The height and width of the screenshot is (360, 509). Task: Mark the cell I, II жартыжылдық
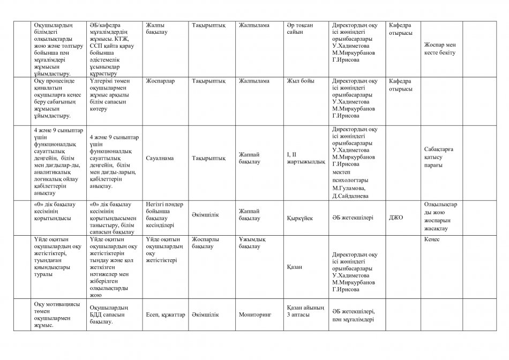point(306,159)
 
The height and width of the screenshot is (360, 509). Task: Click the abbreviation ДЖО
point(396,217)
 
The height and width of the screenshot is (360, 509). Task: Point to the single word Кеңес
point(432,239)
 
